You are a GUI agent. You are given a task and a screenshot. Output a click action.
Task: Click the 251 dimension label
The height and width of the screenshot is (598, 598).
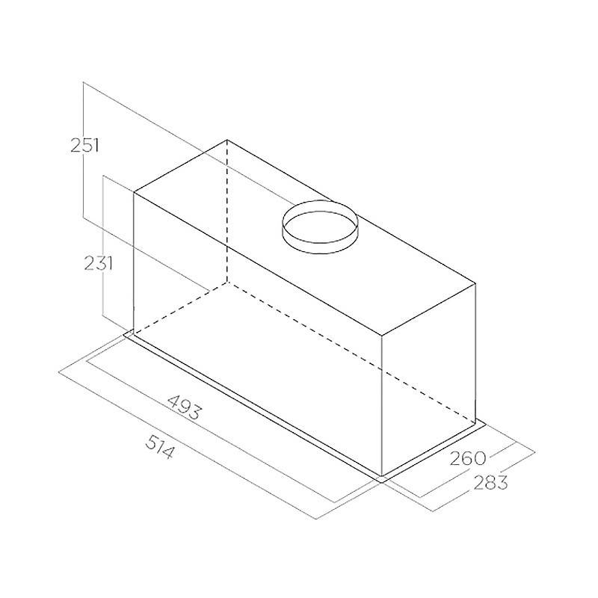pos(84,145)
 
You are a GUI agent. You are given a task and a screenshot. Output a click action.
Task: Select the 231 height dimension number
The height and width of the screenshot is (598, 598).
pos(99,263)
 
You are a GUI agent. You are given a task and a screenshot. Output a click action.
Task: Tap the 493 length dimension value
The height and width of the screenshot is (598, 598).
pos(184,407)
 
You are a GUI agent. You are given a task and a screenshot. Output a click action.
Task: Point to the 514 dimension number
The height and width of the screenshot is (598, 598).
pos(160,447)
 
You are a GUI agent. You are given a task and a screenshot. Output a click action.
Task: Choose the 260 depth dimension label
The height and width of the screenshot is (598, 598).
pos(468,458)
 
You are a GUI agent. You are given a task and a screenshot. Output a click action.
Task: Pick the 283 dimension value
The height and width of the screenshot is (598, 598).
pos(490,483)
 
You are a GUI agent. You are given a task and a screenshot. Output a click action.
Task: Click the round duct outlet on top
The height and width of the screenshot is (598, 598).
pos(320,226)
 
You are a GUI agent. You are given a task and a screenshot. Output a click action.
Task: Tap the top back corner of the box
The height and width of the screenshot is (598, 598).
pos(227,140)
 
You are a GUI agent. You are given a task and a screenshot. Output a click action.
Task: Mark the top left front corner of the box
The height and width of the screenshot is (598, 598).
pos(134,193)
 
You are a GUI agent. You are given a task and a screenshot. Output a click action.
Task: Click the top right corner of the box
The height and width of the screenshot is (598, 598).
pos(475,284)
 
